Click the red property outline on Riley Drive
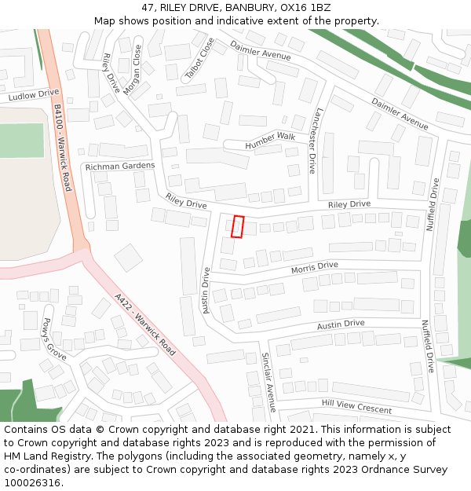tap(238, 226)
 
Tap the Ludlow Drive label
tap(34, 96)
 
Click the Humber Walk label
tap(269, 141)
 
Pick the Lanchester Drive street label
tap(315, 141)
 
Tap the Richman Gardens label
tap(120, 167)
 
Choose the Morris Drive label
tap(314, 268)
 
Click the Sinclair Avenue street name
tap(268, 382)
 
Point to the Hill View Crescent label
tap(356, 406)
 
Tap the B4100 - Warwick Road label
tap(63, 149)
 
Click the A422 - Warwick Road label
tap(144, 322)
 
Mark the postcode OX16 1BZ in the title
tap(299, 7)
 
